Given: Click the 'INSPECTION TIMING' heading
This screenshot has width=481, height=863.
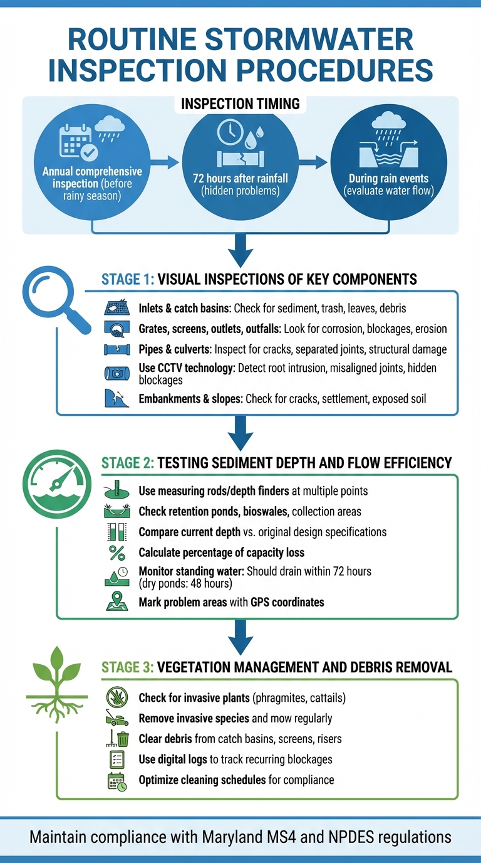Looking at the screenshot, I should pos(240,103).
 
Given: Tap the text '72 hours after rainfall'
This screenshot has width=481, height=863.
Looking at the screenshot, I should pos(240,178).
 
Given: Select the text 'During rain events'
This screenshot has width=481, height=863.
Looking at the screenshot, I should pos(388,178).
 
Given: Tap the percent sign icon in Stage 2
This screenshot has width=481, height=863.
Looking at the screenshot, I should pos(117,553).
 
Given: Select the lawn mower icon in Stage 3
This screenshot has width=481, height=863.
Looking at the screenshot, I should pos(117,719).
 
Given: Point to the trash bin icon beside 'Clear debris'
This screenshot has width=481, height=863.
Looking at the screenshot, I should pos(123,739).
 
